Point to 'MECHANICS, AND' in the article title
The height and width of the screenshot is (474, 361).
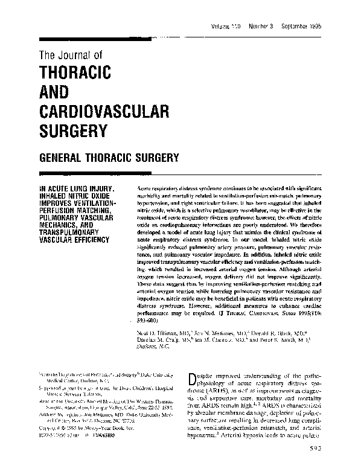pos(67,222)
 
